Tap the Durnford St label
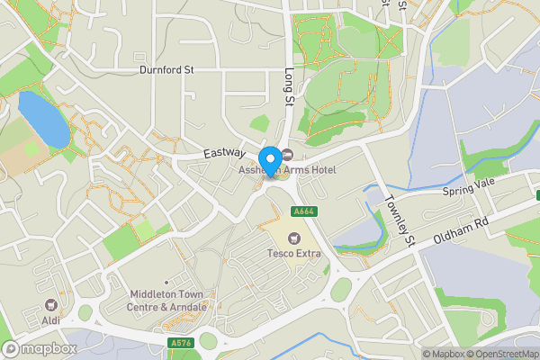click(166, 69)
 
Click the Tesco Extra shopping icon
click(292, 238)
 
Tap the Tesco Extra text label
click(292, 254)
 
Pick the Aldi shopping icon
click(52, 306)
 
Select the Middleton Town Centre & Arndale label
click(168, 301)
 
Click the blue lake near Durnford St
click(42, 118)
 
